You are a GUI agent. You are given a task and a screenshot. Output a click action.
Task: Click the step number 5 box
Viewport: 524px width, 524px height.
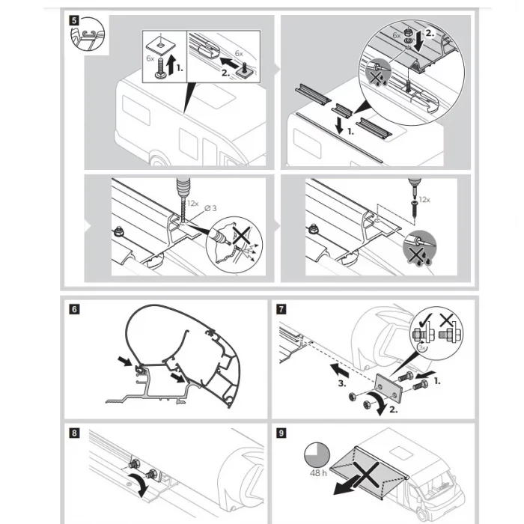click(73, 20)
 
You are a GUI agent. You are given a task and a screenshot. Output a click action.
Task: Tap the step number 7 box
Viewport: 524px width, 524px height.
click(281, 308)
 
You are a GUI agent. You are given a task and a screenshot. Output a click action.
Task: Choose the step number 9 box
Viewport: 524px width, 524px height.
click(281, 432)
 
